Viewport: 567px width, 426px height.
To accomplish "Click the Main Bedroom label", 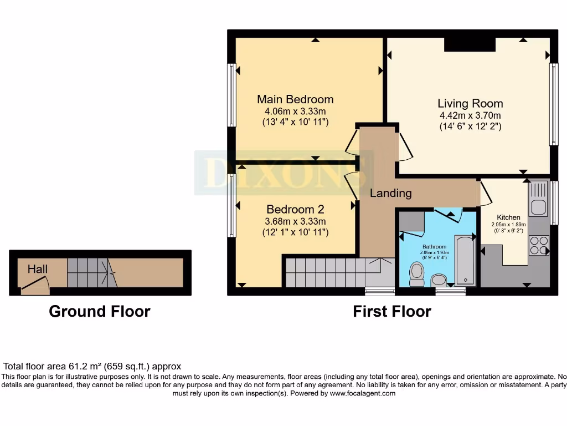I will pos(295,99).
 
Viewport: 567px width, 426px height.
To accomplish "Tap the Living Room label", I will pos(470,103).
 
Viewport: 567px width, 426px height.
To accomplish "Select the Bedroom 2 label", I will pos(295,209).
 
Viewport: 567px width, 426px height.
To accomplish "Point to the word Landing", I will pos(391,193).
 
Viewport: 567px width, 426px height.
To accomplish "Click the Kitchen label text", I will pos(508,217).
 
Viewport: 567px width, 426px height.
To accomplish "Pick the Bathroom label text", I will pos(434,246).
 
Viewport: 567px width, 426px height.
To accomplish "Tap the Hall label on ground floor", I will pos(38,269).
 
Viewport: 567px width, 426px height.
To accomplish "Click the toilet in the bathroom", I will pos(416,273).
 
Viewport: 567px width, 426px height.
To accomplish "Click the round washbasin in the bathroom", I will pos(439,280).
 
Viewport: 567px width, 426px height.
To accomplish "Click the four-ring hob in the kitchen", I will pos(539,245).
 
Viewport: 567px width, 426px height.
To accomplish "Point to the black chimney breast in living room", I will pos(470,44).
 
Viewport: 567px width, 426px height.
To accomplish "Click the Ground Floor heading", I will pos(100,311).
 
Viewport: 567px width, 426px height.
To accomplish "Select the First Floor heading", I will pos(392,311).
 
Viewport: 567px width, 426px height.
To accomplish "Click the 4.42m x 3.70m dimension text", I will pos(470,116).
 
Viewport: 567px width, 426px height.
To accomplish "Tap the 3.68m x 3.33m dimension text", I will pos(295,221).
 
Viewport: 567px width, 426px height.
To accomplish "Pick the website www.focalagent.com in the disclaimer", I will pos(363,393).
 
